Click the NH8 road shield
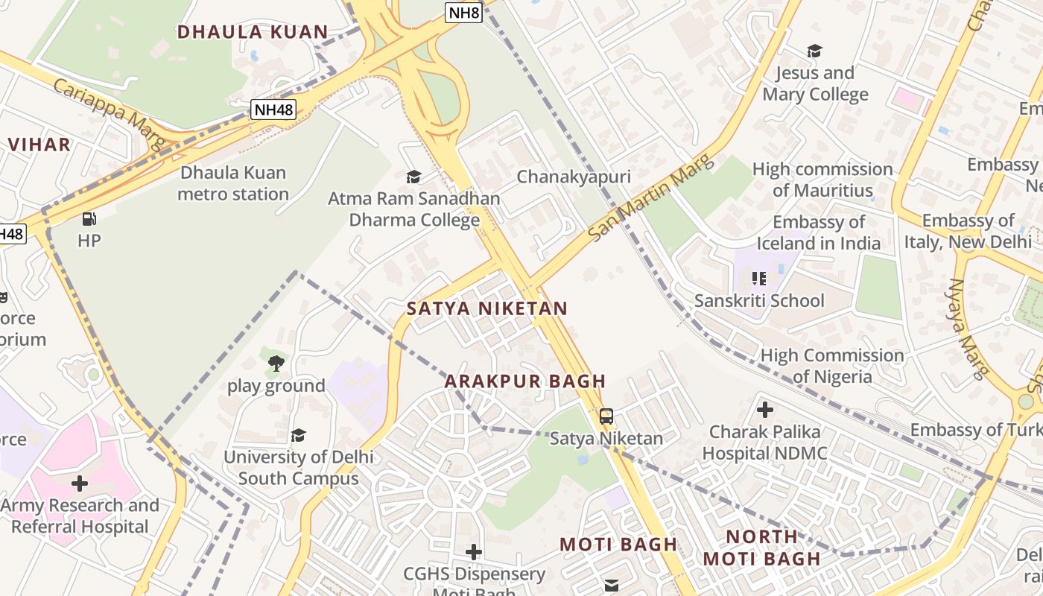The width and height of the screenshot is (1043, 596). pos(463,12)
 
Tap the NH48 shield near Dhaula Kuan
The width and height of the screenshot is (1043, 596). pos(273,110)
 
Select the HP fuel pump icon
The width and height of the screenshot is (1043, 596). pos(89,219)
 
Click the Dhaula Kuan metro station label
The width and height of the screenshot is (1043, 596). pos(233,183)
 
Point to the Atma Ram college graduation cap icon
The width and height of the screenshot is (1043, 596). pos(413,177)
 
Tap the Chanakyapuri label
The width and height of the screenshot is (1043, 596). pos(574,177)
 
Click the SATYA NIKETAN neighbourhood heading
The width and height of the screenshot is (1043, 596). pos(487,308)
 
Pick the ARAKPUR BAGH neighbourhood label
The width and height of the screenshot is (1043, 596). pos(525,381)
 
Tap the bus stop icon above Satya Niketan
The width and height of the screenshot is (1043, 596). pos(606,416)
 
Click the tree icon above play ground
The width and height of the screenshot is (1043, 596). pos(276,364)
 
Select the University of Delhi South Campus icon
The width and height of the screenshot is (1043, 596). pos(299,435)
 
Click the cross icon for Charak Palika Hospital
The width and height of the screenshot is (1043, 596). pos(764,410)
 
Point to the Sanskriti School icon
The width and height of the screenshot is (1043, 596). pos(758,279)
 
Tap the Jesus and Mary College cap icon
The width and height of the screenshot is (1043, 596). pos(814,51)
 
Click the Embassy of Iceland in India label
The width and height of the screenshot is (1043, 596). pos(819,232)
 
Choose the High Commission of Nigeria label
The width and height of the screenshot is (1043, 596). pos(832,366)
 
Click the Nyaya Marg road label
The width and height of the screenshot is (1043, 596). pos(967,329)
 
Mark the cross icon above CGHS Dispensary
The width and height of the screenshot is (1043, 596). pos(473,552)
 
